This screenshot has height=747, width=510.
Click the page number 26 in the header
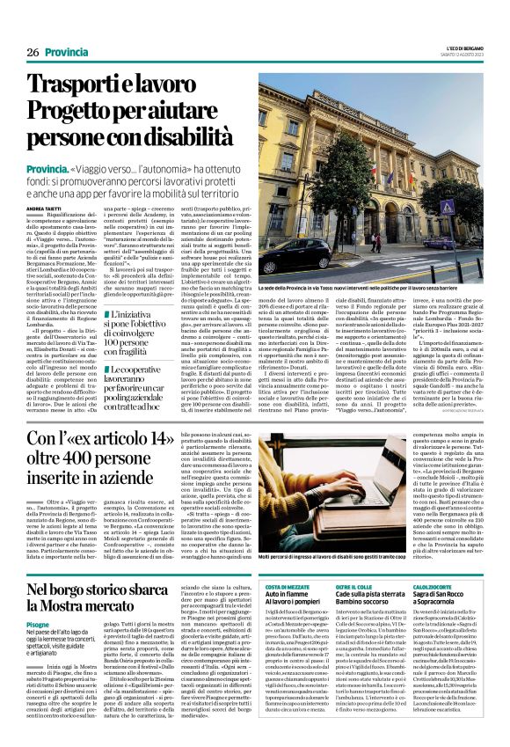click(32, 53)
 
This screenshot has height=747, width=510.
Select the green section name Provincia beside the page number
click(67, 53)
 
